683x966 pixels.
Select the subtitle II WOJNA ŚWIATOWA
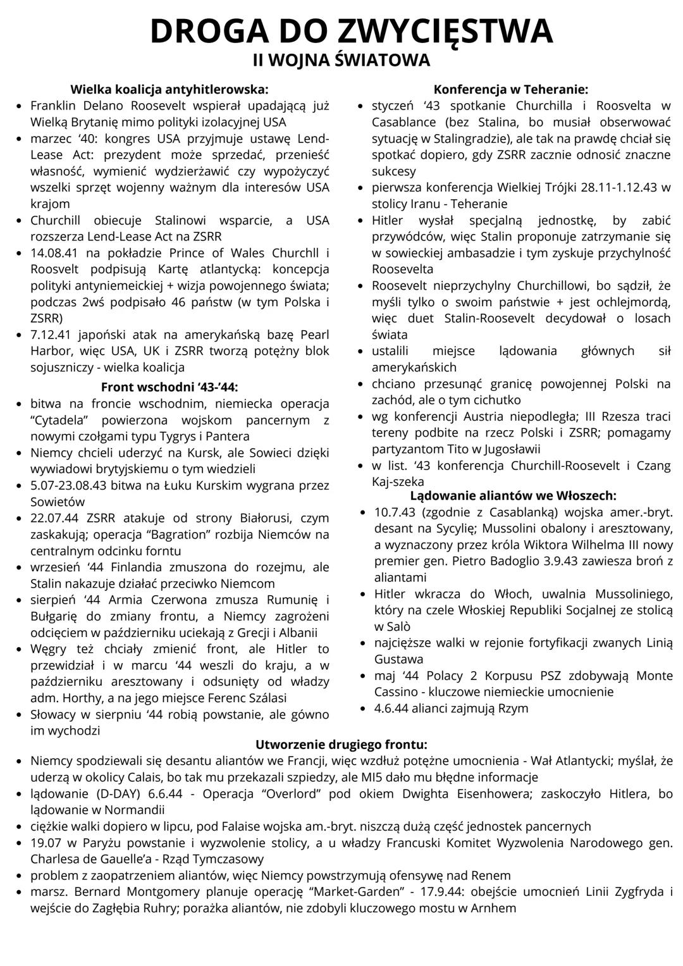(341, 61)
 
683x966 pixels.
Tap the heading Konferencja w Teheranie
(511, 90)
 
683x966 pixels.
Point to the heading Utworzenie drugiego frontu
(341, 745)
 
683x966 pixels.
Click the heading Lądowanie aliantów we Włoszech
(514, 495)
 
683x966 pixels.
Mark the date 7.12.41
(51, 335)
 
